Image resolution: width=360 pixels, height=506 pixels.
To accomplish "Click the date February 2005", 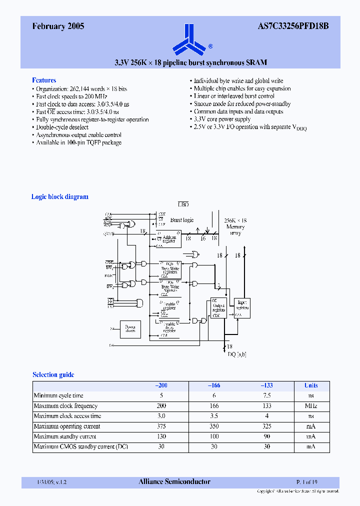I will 58,27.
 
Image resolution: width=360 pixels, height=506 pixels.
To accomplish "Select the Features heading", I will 44,80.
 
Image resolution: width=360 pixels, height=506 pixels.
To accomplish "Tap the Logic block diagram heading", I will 60,196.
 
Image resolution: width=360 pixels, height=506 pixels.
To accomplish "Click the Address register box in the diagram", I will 169,239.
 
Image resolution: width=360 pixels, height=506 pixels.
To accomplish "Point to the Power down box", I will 130,328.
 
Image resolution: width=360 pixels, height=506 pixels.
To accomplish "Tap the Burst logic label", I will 182,220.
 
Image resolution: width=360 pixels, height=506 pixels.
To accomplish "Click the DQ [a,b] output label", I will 237,354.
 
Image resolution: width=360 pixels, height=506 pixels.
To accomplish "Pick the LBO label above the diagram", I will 183,204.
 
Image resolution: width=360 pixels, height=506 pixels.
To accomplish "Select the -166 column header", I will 213,385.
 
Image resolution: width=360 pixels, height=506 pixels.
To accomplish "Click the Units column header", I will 311,385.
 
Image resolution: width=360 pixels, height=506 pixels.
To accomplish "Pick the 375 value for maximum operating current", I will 161,426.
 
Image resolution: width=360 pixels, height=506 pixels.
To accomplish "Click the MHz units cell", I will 311,406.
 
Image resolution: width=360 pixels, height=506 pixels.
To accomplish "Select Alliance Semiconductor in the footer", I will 174,482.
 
